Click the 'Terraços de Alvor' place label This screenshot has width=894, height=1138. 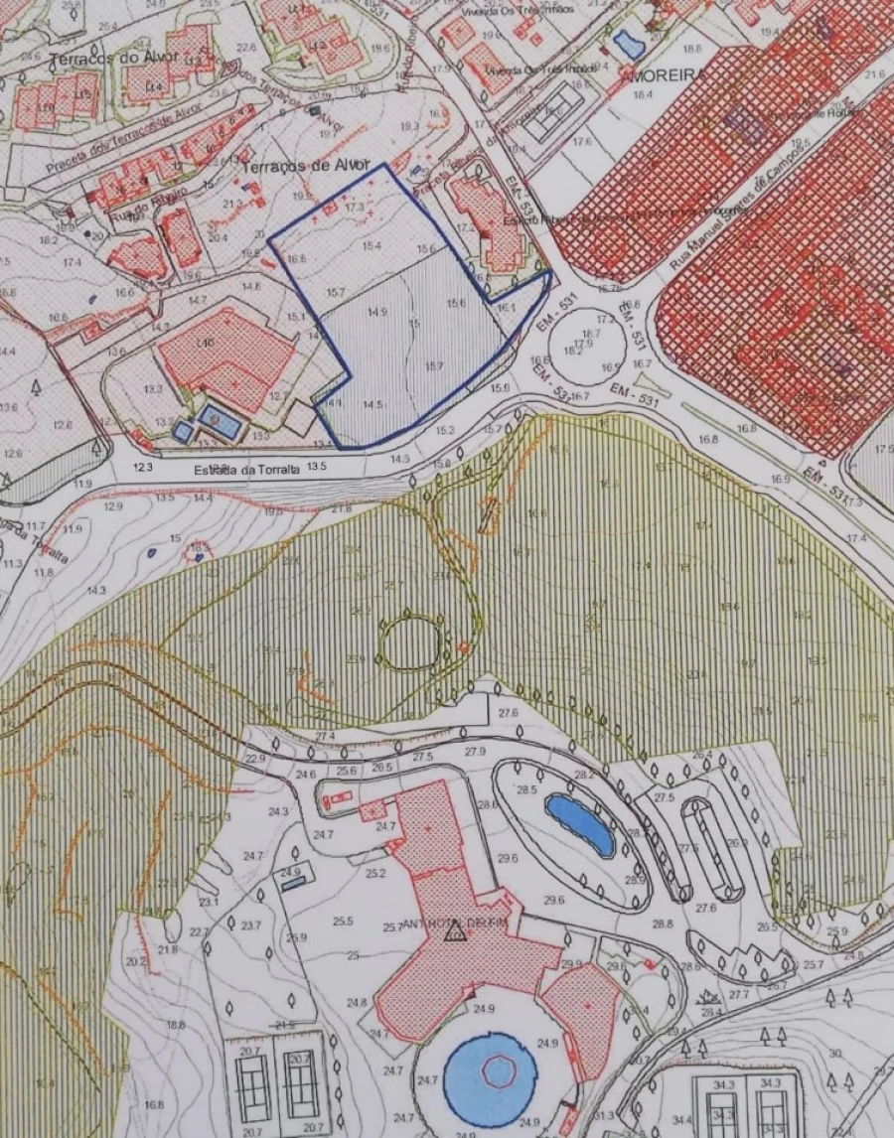[305, 166]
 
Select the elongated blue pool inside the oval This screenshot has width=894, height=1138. [580, 824]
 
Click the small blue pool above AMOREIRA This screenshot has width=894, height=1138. [628, 43]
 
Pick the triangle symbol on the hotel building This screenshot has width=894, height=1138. [455, 931]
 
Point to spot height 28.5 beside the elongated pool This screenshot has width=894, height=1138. [525, 789]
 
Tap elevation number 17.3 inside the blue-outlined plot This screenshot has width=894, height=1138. [355, 208]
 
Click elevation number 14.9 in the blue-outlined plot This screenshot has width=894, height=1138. [376, 312]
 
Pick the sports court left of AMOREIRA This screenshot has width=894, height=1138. [551, 111]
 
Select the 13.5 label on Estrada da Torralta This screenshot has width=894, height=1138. [317, 466]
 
